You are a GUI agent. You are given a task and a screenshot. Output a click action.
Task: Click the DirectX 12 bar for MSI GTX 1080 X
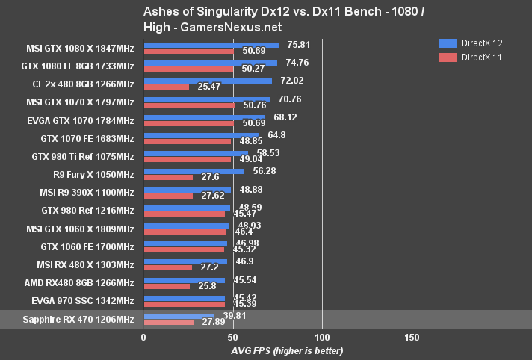click(x=211, y=45)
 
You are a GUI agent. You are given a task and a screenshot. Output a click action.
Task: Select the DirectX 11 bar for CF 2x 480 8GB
click(x=166, y=87)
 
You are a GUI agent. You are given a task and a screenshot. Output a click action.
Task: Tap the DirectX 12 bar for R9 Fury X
click(x=194, y=171)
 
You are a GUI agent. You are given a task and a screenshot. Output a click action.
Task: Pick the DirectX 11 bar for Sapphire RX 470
click(x=168, y=322)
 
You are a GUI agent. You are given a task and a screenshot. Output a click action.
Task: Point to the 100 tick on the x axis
click(x=322, y=338)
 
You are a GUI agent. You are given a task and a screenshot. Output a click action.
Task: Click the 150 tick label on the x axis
click(x=412, y=338)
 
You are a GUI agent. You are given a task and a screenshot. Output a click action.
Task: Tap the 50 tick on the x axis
click(x=232, y=338)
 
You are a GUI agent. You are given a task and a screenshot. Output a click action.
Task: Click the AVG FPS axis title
click(x=276, y=350)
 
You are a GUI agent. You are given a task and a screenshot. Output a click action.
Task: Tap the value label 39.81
click(x=231, y=316)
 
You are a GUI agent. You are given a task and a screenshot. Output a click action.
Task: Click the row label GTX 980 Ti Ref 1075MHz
click(x=82, y=156)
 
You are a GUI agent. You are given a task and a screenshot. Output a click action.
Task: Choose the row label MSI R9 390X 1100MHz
click(x=82, y=193)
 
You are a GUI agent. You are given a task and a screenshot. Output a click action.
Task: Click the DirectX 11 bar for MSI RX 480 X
click(x=167, y=267)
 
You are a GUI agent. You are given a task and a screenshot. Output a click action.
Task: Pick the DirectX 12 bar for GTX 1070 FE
click(x=201, y=135)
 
